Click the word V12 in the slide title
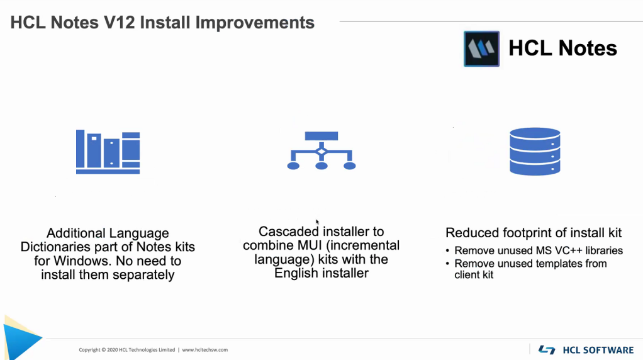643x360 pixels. click(x=120, y=23)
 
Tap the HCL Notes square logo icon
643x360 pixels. click(x=481, y=48)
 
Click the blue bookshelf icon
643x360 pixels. click(x=108, y=152)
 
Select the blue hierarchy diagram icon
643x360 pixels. click(x=321, y=150)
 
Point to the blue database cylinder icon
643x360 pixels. click(x=535, y=151)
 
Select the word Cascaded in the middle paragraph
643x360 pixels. click(x=288, y=232)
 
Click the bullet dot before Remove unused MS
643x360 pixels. click(x=448, y=250)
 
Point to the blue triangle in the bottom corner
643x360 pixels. click(x=21, y=339)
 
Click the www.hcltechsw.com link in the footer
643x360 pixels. click(x=204, y=350)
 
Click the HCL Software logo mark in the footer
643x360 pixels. click(x=547, y=350)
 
